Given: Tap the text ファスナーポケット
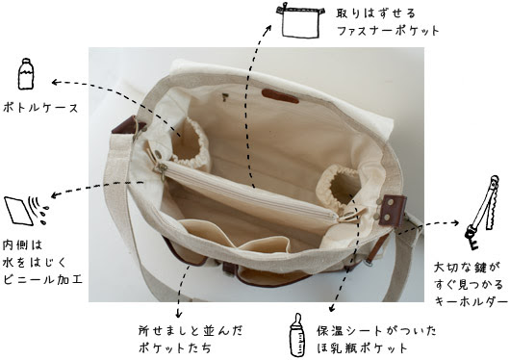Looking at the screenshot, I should (388, 31).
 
